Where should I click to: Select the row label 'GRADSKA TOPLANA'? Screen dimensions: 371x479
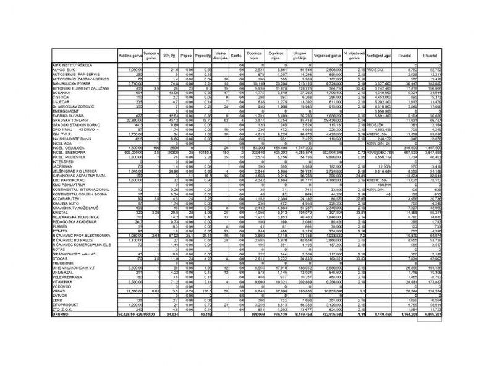pos(69,119)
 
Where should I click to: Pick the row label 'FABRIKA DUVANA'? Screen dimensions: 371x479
pos(67,114)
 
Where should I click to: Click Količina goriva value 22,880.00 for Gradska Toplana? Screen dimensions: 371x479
pos(131,119)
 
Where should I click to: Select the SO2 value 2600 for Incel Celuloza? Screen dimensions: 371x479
pos(158,147)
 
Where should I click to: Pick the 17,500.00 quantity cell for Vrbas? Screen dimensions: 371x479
pos(131,290)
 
